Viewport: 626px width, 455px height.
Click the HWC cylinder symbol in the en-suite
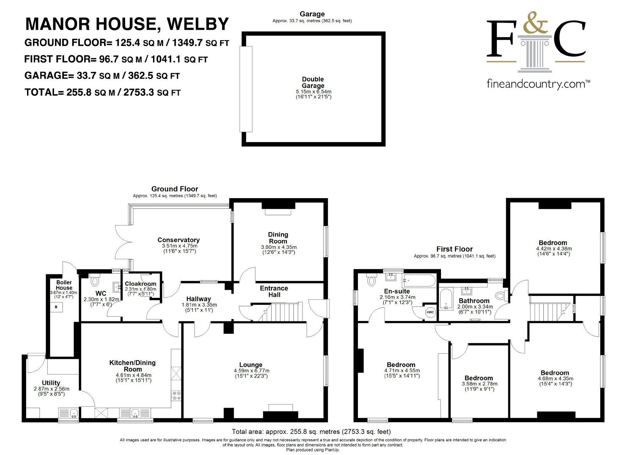coord(430,312)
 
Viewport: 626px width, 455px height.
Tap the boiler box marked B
coord(56,307)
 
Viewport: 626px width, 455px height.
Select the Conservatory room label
coord(178,240)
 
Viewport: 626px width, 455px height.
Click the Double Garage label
coord(313,82)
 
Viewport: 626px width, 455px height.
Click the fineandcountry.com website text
coord(538,84)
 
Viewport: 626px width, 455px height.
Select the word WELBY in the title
coord(198,24)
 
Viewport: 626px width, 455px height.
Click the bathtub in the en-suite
coord(419,281)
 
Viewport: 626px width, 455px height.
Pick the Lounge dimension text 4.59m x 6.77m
coord(252,371)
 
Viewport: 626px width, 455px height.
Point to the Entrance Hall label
coord(274,292)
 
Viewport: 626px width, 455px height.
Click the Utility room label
coord(51,383)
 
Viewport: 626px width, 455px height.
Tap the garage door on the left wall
coord(246,89)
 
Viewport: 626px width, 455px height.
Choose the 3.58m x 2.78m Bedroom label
coord(479,378)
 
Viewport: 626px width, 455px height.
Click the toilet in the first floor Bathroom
coord(502,296)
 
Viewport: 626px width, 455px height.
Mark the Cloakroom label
coord(140,284)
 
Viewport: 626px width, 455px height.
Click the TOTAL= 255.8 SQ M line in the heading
coord(103,92)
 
